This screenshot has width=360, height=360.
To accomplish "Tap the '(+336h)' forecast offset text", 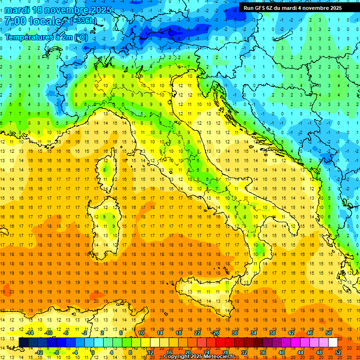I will coord(83,21).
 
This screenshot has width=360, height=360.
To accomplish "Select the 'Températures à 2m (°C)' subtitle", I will coord(46,37).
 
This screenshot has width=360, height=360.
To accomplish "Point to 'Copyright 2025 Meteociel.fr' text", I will coord(199,357).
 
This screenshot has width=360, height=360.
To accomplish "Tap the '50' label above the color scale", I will coord(328,333).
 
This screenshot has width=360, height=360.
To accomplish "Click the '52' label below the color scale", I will coord(338,352).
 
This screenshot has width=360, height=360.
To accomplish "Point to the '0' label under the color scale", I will coord(93,352).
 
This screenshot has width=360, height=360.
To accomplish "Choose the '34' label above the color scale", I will coord(254,333).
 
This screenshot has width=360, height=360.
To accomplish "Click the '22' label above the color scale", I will coord(197,333).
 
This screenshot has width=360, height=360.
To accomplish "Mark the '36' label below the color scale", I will coord(263,352).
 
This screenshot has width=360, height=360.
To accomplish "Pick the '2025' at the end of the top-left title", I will coord(101,10).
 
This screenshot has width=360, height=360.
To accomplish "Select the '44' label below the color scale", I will coord(300,352).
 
